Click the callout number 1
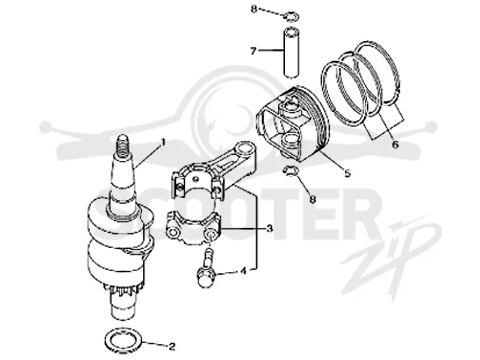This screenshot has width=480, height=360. point(163,143)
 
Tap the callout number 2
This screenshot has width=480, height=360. point(172,346)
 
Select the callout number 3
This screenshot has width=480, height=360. point(269,229)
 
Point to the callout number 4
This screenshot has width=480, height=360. point(243,271)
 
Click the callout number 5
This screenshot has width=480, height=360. point(347,173)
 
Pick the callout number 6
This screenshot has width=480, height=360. point(395,144)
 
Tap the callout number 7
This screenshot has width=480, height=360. point(253,51)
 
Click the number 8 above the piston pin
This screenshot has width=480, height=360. point(254,9)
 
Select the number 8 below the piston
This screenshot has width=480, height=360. point(313,199)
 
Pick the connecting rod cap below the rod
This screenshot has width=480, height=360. point(193,228)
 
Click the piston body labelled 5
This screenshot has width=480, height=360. point(292,122)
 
